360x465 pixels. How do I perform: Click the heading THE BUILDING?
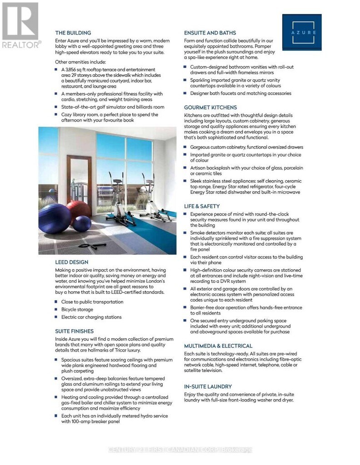click(73, 33)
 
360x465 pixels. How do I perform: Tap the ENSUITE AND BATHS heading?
click(210, 33)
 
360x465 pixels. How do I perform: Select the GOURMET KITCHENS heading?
click(210, 108)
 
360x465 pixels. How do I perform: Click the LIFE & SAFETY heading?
click(202, 206)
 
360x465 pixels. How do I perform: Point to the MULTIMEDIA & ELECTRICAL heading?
click(218, 346)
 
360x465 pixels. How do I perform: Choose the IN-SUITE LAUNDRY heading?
click(208, 386)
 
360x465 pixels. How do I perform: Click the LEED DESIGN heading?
click(72, 262)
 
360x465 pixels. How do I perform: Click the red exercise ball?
click(80, 210)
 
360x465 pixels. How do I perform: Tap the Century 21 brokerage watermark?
click(180, 450)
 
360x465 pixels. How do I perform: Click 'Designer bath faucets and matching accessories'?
click(240, 94)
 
